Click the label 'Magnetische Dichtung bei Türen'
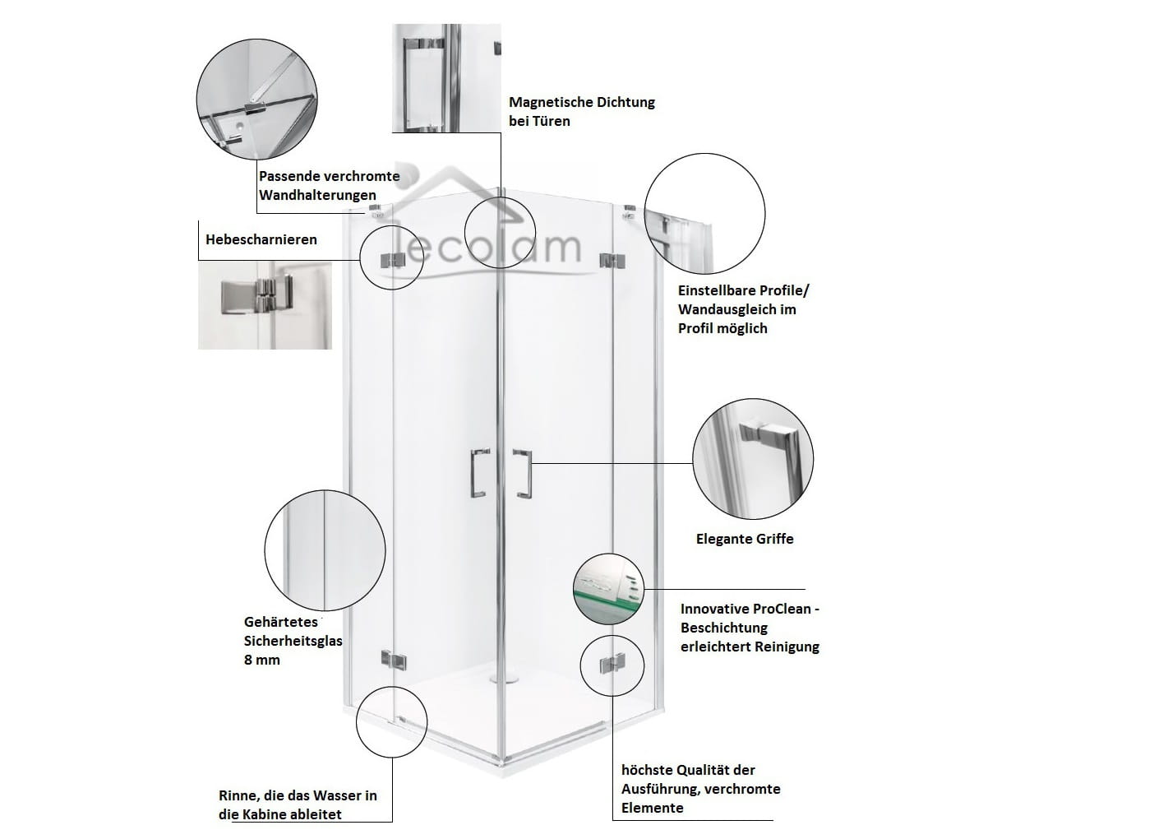581,111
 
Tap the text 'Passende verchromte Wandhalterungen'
329,185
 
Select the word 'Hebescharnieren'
261,239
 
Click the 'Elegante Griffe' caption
745,539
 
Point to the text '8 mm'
262,660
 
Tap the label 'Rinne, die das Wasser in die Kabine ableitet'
298,804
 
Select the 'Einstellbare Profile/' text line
744,290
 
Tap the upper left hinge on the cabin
392,260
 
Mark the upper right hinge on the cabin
609,260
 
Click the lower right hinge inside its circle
612,664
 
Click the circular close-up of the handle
753,460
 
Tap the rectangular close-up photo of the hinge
265,305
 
